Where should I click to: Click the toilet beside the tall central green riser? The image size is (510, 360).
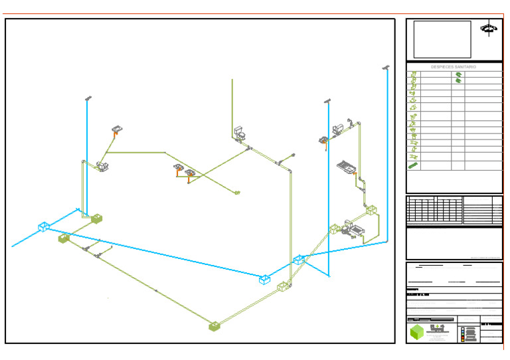240,132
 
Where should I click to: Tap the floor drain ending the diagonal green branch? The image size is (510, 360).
237,193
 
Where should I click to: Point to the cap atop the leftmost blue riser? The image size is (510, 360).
87,99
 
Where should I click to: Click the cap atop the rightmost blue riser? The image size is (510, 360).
386,68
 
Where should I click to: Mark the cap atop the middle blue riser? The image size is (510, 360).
327,101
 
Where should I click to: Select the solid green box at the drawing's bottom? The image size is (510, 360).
214,326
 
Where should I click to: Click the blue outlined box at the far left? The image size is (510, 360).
44,227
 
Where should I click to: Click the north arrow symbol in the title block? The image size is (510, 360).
489,29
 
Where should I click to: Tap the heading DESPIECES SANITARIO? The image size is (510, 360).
454,67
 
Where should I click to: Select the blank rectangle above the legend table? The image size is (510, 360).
442,39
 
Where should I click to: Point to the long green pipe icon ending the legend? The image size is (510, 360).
413,165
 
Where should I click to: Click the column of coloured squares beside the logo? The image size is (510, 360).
463,333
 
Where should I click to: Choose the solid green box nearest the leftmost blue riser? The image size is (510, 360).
97,218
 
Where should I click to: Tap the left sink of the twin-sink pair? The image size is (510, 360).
178,168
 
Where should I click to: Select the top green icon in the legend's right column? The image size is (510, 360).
458,75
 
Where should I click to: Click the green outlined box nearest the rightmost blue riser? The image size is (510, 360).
371,211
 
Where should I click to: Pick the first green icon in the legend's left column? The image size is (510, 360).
413,75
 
